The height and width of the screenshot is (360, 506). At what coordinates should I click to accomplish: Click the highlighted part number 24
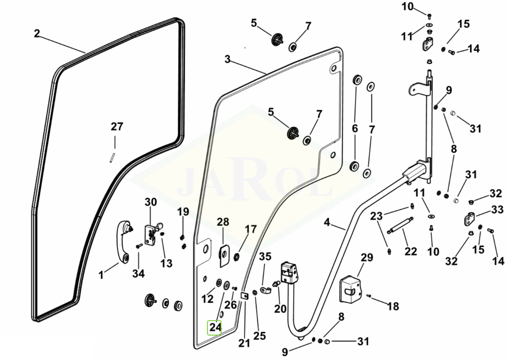[215, 327]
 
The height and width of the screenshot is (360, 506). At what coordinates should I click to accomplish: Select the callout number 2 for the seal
[37, 34]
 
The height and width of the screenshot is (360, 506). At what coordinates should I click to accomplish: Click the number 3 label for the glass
[228, 60]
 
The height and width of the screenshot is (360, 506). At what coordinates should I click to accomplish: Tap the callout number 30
[150, 202]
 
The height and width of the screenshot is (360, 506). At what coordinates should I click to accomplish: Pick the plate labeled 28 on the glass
[224, 253]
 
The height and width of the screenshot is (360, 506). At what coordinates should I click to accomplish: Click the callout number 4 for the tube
[327, 222]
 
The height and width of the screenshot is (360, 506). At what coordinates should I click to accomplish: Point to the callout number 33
[497, 209]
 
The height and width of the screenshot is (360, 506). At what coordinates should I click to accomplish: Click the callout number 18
[393, 306]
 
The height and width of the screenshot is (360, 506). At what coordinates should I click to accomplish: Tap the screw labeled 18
[369, 296]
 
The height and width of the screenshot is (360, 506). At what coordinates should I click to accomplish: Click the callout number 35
[265, 257]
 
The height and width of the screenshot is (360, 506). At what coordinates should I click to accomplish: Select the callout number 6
[355, 128]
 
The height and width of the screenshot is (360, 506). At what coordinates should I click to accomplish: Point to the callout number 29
[367, 257]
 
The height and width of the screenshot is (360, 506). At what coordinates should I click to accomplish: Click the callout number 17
[251, 230]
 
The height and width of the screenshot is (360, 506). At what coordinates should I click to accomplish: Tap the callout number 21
[244, 343]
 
